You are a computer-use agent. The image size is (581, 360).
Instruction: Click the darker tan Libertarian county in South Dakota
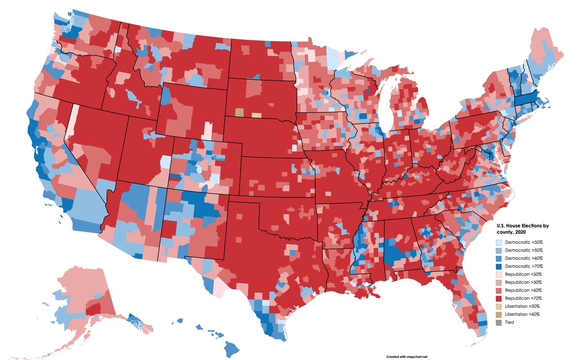239,112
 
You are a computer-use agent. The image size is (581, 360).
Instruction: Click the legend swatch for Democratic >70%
500,266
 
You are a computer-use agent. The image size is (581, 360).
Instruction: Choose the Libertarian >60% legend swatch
500,314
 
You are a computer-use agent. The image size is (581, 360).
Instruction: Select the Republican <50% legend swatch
500,274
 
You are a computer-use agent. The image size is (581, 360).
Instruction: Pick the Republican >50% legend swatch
500,282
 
